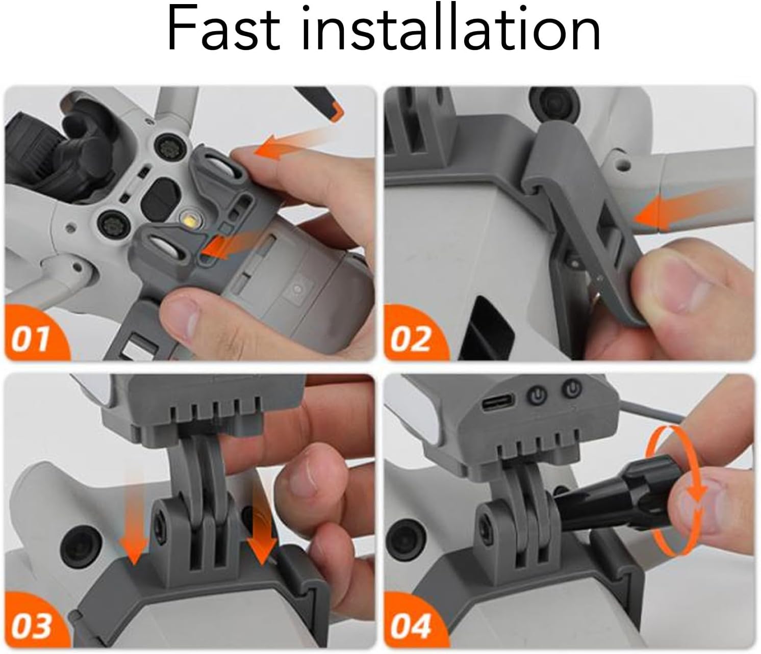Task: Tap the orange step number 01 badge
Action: pyautogui.click(x=35, y=333)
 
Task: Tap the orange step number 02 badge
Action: pyautogui.click(x=414, y=333)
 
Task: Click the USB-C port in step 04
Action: pyautogui.click(x=498, y=402)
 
